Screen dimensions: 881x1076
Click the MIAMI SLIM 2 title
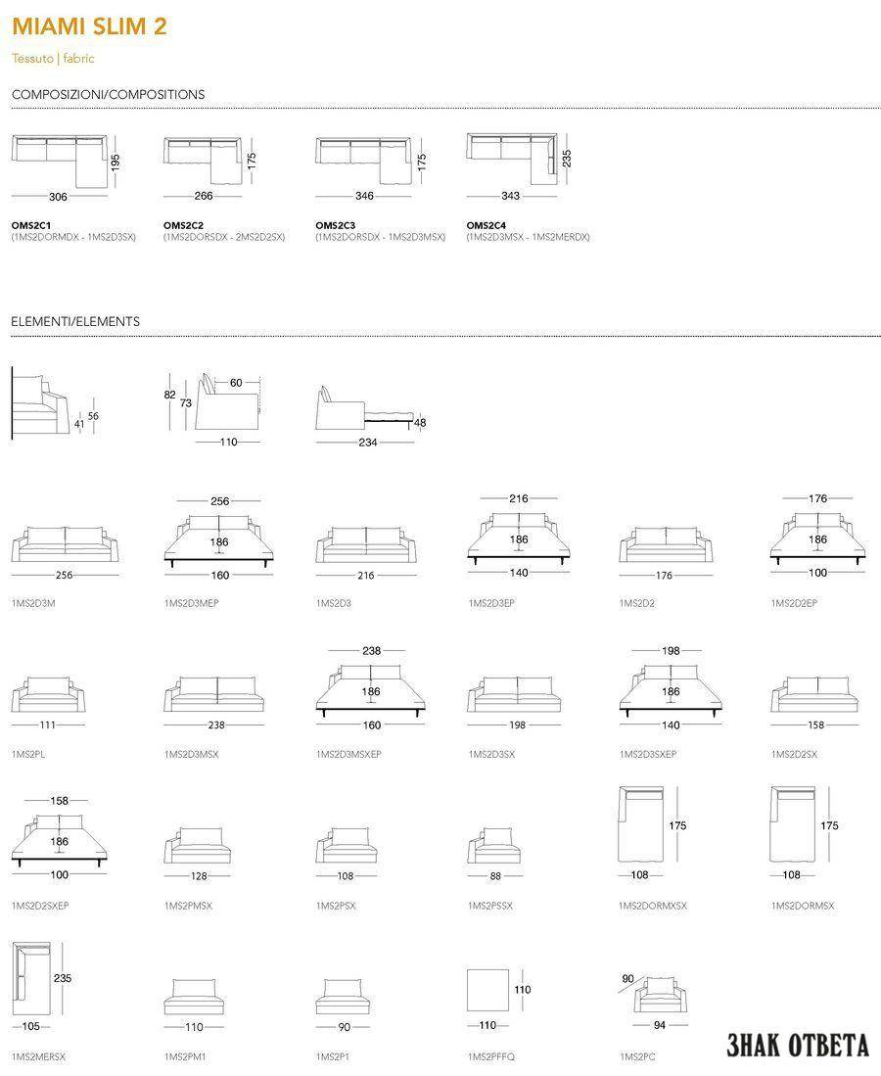tap(89, 26)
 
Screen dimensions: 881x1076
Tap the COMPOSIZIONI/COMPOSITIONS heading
tap(109, 95)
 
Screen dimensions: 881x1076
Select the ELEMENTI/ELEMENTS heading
tap(75, 321)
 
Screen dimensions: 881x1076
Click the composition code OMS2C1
tap(31, 225)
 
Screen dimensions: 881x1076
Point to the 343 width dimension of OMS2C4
tap(510, 196)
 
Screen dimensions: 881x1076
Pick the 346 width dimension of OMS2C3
tap(364, 196)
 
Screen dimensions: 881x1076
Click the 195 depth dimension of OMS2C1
tap(116, 162)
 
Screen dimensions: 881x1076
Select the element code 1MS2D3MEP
tap(192, 603)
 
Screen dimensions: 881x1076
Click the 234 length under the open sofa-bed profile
tap(368, 443)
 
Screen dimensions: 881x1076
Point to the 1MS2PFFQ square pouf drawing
tap(487, 990)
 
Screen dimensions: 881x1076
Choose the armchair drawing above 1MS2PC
tap(660, 994)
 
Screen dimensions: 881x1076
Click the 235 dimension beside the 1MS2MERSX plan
tap(63, 978)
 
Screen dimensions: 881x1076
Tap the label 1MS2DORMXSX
tap(653, 906)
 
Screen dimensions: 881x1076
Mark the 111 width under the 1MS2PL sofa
tap(47, 725)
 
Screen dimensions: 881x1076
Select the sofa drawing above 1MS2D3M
tap(66, 544)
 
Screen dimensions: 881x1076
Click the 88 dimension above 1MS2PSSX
tap(495, 876)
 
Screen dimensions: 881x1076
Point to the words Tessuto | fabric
tap(53, 59)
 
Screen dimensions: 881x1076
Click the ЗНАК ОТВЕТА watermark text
tap(798, 1045)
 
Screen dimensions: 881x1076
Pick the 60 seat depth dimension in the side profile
tap(236, 382)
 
